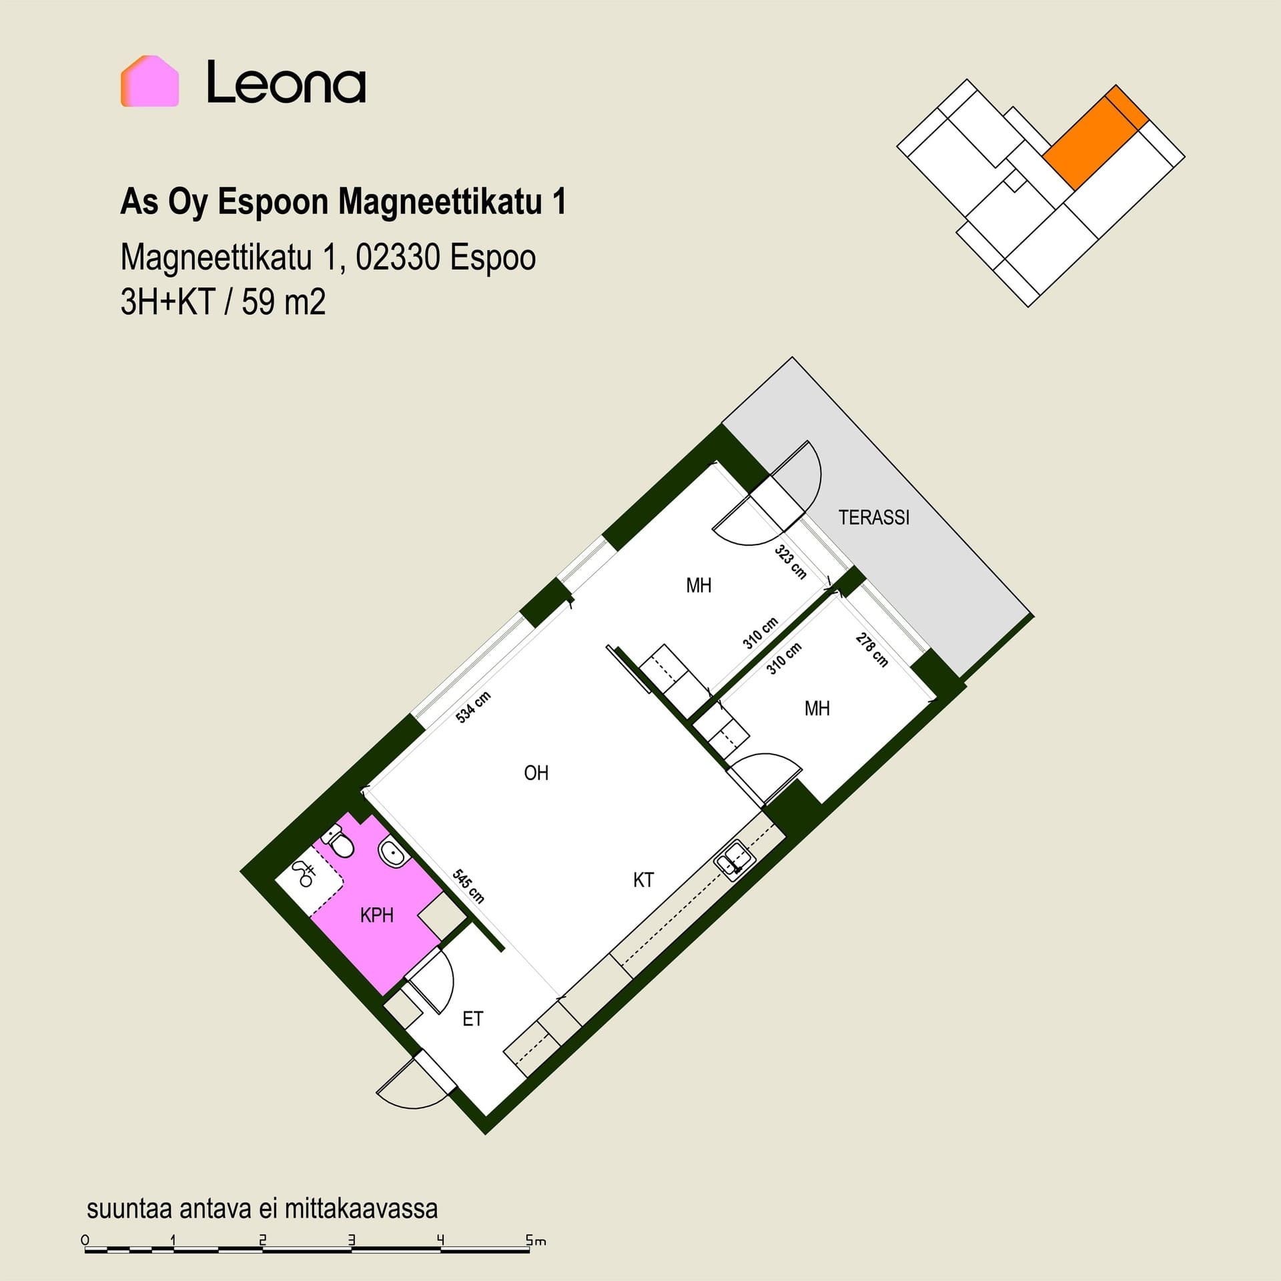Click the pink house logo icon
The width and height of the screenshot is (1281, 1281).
pos(149,81)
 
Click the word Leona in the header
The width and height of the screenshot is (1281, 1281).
pos(286,82)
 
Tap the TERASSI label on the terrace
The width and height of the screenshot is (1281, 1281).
pos(874,517)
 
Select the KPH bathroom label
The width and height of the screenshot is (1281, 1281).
pos(376,915)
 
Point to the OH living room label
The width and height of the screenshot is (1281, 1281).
pos(536,773)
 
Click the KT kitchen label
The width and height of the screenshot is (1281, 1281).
pos(643,880)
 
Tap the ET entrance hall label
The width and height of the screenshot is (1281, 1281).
pos(472,1019)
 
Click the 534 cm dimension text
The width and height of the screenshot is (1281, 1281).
pos(473,707)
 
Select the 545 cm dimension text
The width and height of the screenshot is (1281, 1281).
pos(468,886)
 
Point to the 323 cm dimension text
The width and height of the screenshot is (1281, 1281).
pos(791,562)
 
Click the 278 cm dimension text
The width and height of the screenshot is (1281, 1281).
pos(872,650)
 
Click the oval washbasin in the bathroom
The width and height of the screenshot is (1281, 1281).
pos(392,854)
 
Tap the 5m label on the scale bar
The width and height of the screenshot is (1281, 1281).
pos(536,1241)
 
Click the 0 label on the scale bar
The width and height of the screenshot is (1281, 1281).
pos(85,1240)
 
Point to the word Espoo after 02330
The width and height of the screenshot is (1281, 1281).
pos(493,257)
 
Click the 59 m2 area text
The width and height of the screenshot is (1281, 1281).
pos(284,302)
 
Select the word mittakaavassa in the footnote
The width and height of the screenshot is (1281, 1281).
pos(361,1208)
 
